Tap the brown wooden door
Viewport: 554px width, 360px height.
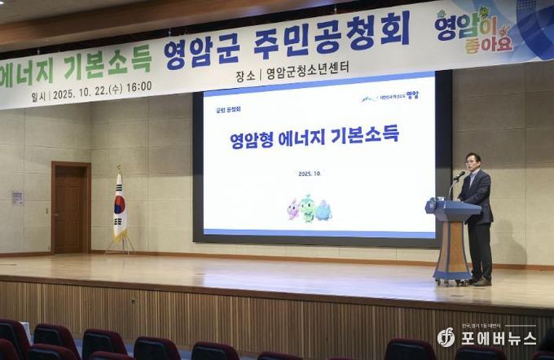(71, 208)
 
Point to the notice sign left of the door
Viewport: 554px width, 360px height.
(17, 198)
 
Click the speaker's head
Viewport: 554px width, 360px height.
(473, 161)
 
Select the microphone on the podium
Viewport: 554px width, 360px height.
(459, 175)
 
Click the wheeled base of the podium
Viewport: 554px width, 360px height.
(452, 279)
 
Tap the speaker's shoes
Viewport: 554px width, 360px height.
(481, 282)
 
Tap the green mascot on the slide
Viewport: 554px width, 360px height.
(307, 209)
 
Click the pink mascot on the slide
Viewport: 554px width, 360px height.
(292, 209)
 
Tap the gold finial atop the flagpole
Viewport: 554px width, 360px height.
(119, 169)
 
